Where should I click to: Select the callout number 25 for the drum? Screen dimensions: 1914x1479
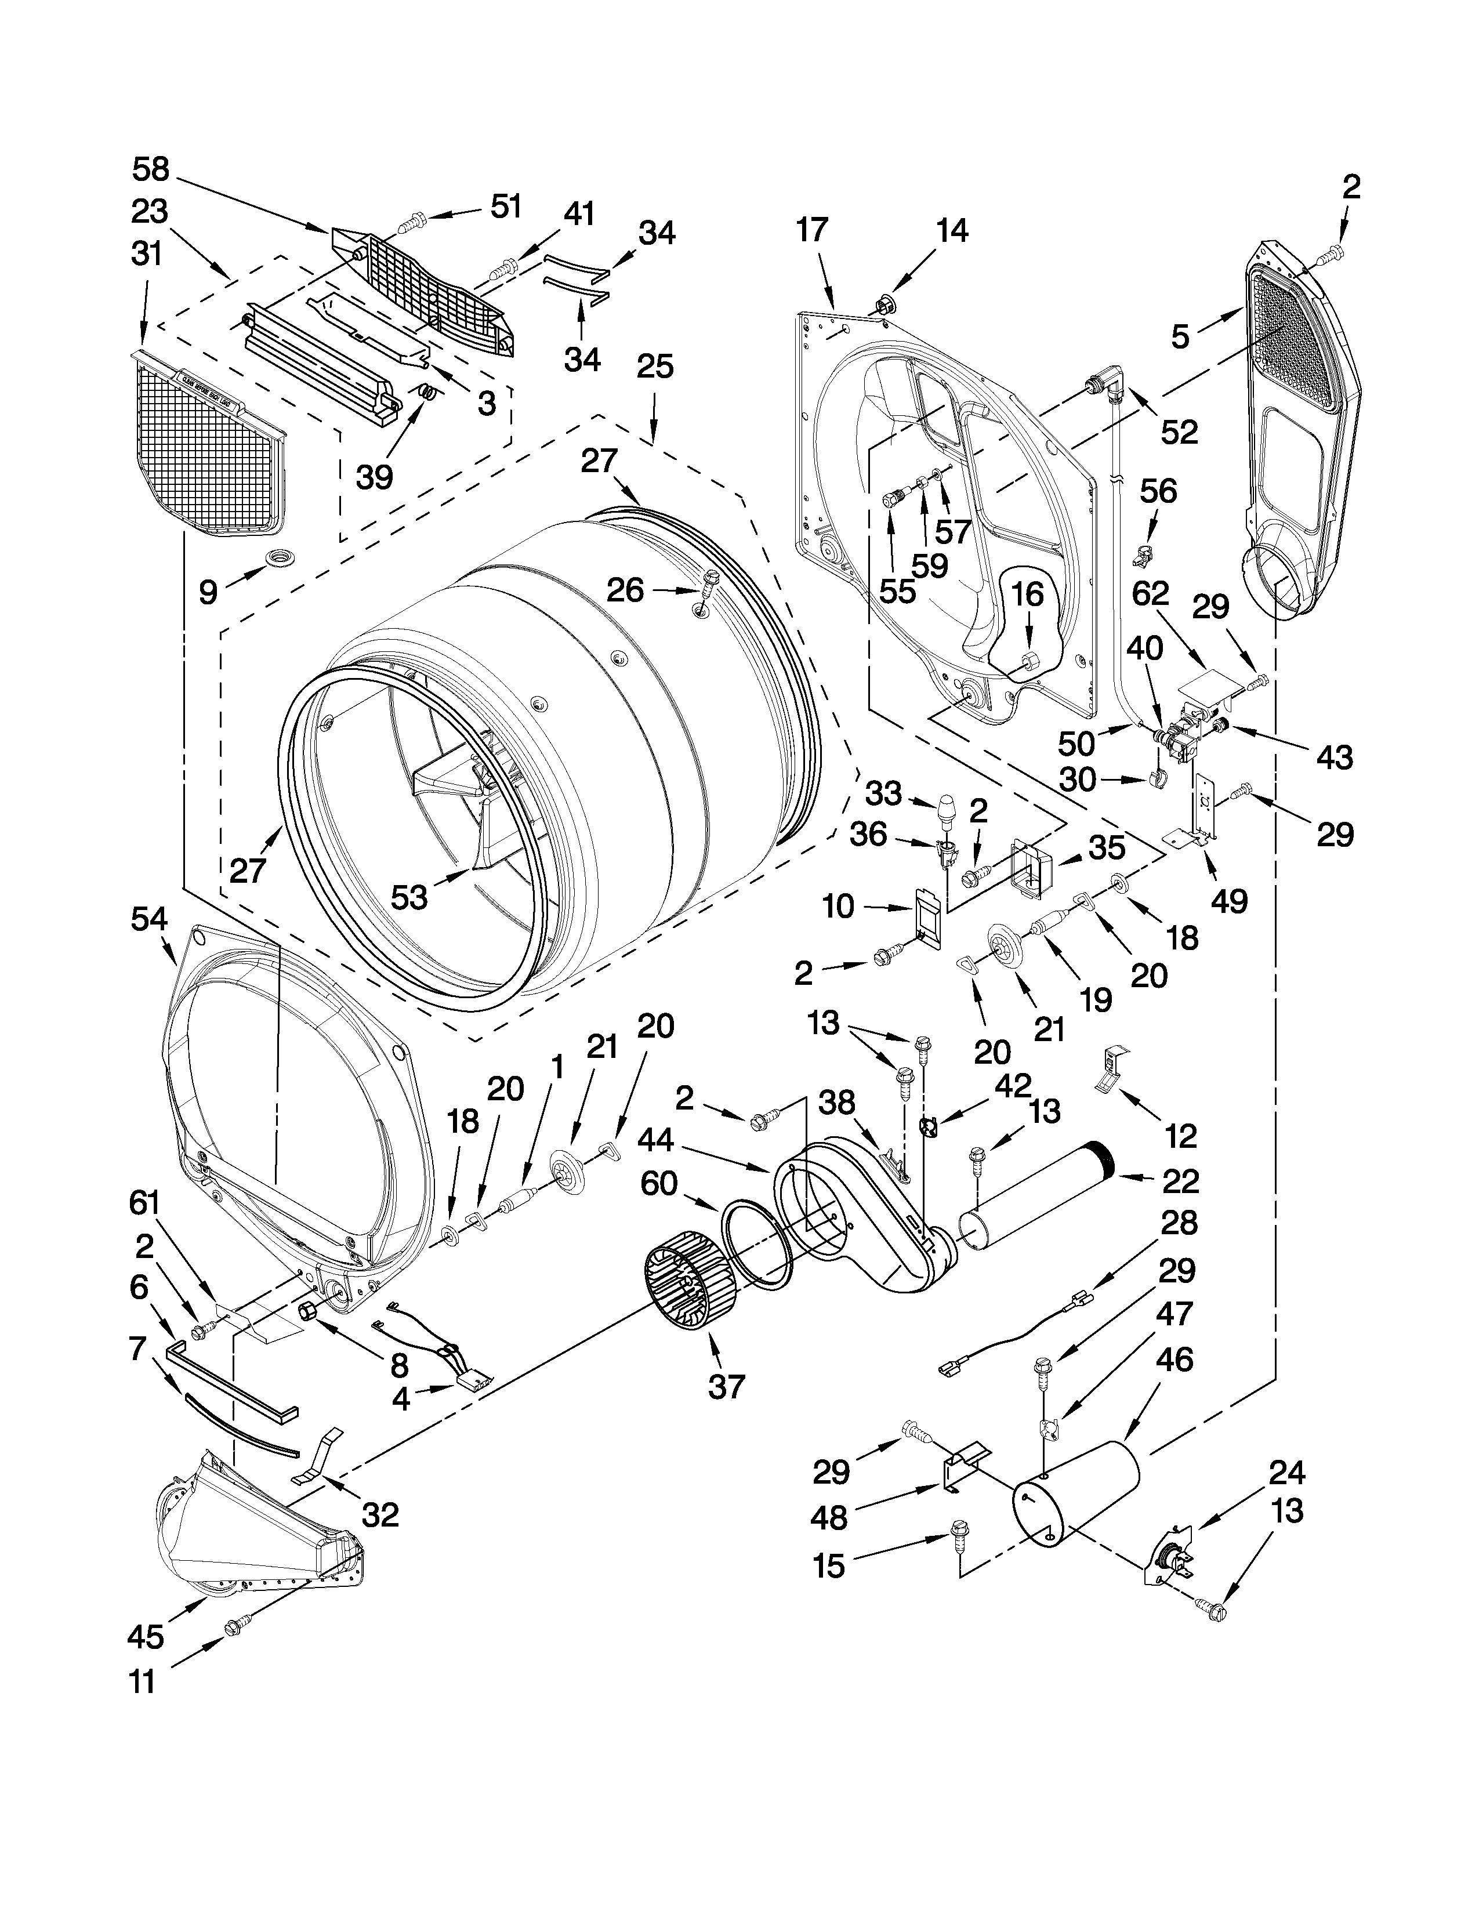[654, 367]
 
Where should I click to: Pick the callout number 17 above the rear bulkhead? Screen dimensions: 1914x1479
[811, 230]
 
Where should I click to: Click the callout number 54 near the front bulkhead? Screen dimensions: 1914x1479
[149, 919]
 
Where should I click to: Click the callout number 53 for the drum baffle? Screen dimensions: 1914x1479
[409, 897]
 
